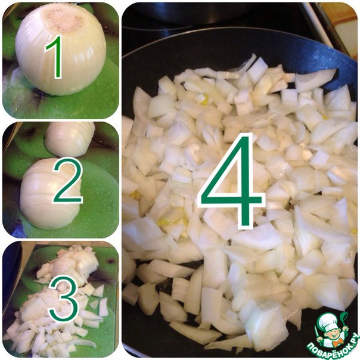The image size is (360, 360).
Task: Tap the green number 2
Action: [x=68, y=181]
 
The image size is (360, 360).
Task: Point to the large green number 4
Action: [x=229, y=181]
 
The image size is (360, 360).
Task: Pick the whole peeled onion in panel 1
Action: [x=61, y=49]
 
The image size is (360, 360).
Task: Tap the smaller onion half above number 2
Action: [x=70, y=139]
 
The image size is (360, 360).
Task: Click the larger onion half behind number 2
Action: [x=49, y=194]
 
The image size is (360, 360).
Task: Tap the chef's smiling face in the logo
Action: [x=332, y=333]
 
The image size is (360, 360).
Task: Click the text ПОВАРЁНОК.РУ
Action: [x=333, y=347]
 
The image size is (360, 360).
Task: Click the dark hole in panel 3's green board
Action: [x=110, y=262]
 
